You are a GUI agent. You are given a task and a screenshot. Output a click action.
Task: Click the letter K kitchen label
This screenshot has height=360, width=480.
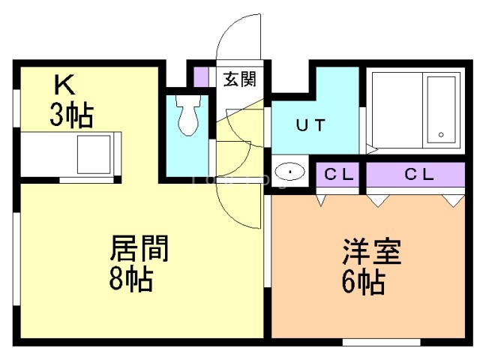click(64, 85)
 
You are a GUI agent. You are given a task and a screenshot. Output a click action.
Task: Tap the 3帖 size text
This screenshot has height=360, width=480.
click(72, 115)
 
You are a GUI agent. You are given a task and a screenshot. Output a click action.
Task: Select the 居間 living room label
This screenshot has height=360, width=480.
click(139, 248)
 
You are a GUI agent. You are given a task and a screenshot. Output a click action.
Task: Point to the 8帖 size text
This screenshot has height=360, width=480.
click(131, 279)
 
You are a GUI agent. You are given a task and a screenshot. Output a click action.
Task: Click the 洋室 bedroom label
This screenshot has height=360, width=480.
click(372, 251)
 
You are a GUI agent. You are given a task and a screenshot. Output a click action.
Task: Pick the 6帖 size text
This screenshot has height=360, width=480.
click(363, 282)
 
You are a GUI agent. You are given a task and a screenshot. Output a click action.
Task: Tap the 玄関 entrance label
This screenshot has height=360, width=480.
click(239, 79)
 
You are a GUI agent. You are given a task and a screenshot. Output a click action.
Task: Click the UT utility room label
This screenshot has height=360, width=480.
click(310, 125)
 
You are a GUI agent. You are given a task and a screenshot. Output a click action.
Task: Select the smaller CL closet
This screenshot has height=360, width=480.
click(337, 175)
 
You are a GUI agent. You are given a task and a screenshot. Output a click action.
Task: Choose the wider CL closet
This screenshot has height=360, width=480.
click(415, 175)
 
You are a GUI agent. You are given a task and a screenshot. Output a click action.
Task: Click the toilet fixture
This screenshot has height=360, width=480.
click(188, 115)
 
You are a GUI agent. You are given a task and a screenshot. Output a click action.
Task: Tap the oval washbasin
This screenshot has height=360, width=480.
click(289, 171)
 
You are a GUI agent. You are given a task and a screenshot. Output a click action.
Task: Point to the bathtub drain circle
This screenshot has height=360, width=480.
click(441, 134)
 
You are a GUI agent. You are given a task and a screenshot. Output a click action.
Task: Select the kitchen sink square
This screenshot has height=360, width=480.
click(94, 154)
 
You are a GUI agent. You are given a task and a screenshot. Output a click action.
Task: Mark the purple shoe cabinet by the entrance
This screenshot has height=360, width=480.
click(201, 76)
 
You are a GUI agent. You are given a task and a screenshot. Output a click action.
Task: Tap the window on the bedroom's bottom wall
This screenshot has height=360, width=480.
click(382, 342)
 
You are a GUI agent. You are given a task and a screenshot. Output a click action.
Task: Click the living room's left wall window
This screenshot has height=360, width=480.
click(16, 259)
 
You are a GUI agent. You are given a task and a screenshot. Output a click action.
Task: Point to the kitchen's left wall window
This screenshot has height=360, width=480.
click(16, 108)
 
